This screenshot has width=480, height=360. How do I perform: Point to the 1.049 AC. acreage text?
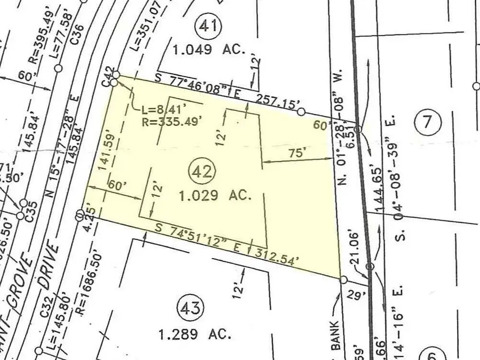209,50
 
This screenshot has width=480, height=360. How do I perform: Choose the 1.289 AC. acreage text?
195,335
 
